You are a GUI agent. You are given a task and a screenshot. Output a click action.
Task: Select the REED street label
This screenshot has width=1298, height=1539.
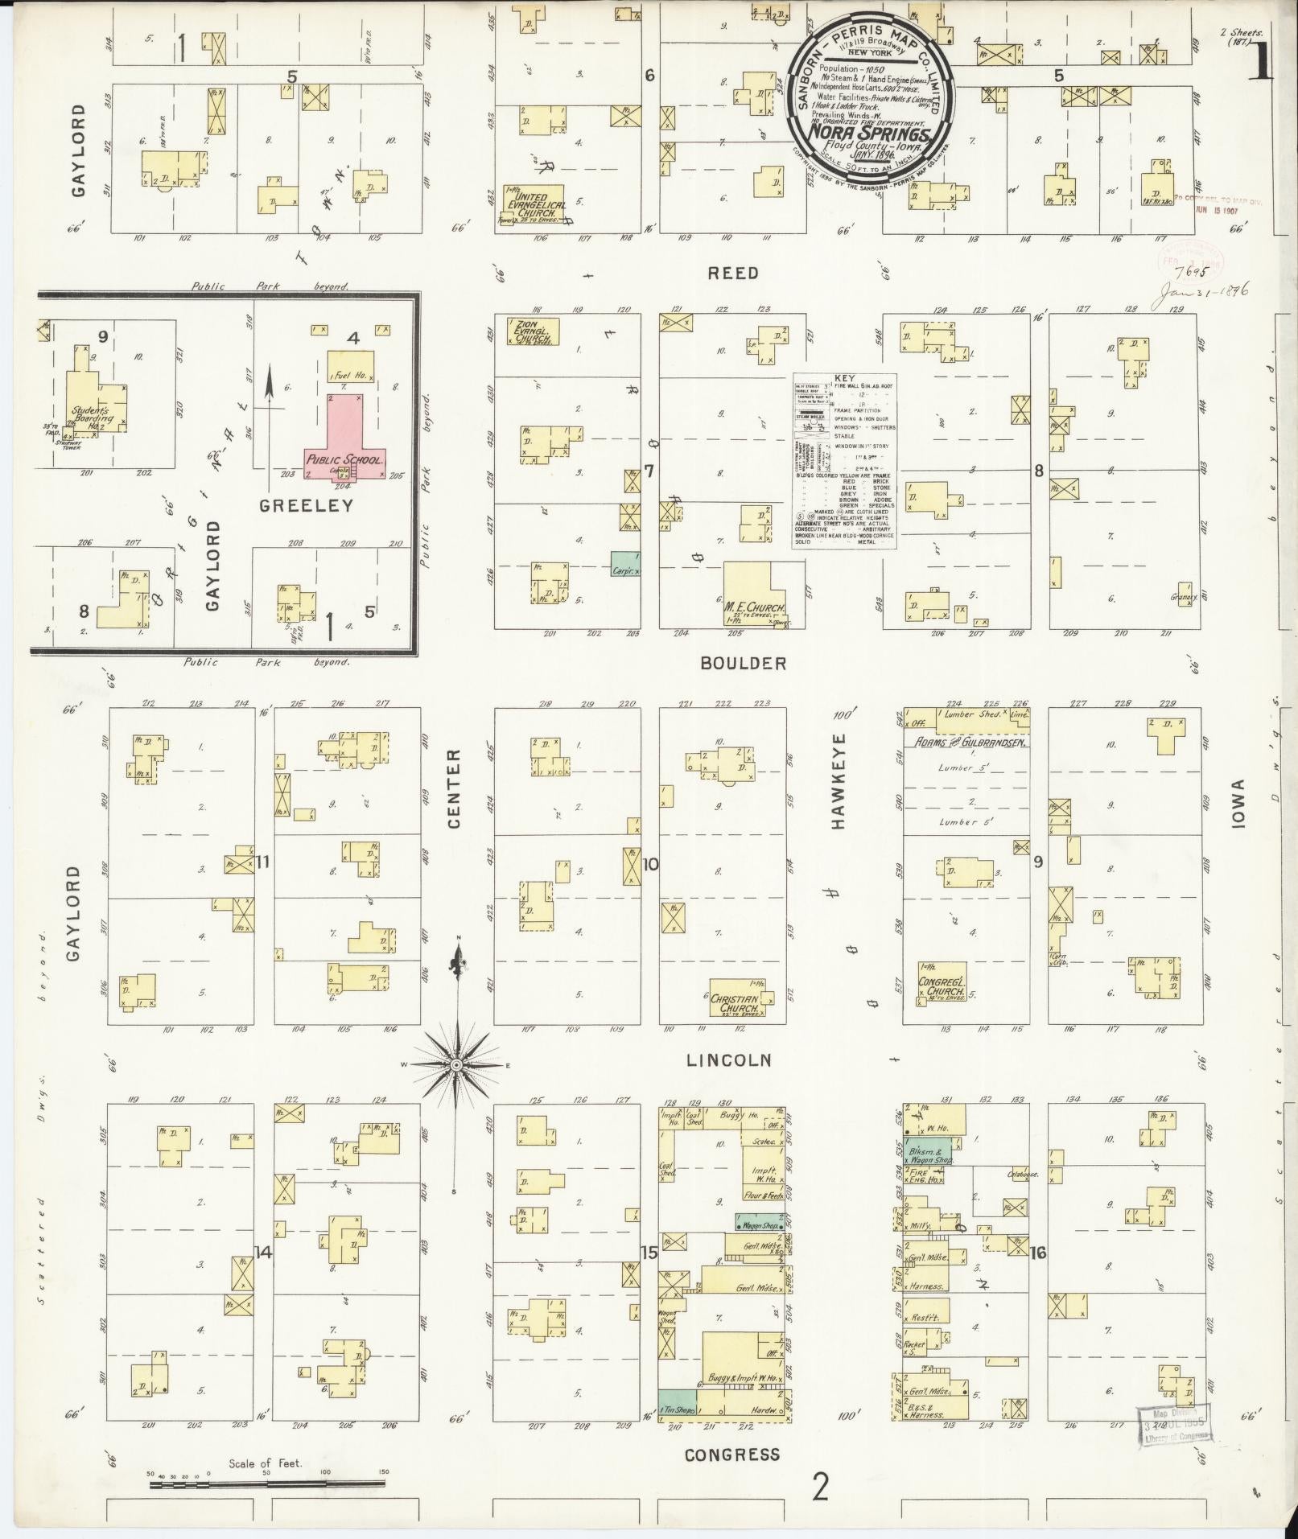[732, 274]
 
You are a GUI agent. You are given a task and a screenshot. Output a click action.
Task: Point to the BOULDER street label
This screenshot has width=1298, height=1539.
[742, 664]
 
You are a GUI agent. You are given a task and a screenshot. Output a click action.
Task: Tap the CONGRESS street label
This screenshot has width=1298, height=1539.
[732, 1455]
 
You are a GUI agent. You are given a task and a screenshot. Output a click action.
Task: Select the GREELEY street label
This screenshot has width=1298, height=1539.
[306, 505]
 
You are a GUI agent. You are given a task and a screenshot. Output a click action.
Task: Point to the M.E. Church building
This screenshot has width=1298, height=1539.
[754, 596]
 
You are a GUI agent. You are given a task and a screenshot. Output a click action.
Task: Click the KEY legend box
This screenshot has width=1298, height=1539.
[845, 461]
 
